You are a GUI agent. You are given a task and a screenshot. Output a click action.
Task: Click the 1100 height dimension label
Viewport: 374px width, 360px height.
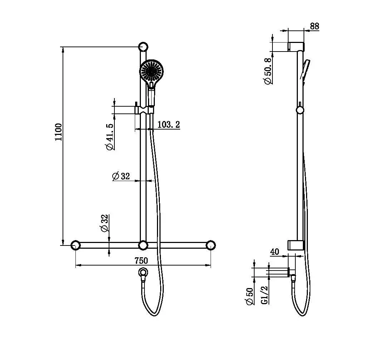click(59, 132)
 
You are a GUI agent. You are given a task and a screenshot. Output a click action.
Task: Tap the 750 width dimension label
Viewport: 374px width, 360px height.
click(141, 261)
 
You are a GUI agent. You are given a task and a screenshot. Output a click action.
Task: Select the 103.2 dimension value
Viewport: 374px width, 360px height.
click(168, 125)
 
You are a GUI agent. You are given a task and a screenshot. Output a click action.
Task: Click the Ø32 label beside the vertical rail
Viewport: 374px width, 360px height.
click(121, 176)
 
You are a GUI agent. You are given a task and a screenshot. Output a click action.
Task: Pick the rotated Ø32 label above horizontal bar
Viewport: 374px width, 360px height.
click(104, 224)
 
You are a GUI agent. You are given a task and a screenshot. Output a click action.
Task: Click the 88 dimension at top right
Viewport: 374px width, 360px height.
click(315, 26)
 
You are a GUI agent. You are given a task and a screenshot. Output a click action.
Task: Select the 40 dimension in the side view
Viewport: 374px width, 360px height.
click(275, 252)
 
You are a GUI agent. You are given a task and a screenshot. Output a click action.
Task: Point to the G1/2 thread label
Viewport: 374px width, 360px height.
click(265, 295)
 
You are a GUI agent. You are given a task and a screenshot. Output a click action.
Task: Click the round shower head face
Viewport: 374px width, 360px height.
click(152, 72)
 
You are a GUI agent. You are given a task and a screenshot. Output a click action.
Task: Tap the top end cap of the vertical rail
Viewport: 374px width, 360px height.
click(143, 47)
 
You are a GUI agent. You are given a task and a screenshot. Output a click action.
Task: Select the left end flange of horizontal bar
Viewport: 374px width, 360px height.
click(75, 245)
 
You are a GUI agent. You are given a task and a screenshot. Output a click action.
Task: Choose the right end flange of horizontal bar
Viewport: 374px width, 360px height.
click(211, 245)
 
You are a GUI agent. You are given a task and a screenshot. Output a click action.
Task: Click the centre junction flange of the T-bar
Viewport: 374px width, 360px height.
click(143, 245)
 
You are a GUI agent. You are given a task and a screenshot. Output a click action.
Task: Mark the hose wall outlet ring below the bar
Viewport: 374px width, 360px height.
click(143, 273)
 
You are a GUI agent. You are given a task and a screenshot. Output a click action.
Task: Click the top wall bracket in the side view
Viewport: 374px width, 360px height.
click(296, 47)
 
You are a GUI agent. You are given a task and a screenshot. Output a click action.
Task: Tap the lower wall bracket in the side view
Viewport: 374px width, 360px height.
click(296, 245)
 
